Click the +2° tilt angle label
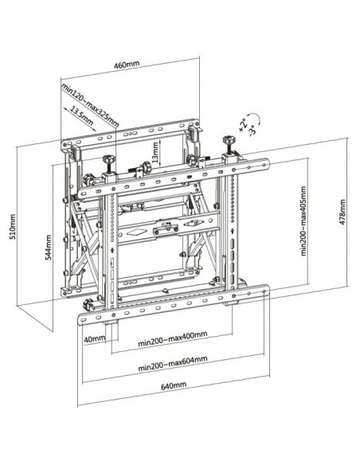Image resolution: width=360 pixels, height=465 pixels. click(241, 123)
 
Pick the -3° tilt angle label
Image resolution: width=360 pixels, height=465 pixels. click(253, 129)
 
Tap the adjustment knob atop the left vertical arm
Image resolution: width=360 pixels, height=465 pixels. click(108, 162)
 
